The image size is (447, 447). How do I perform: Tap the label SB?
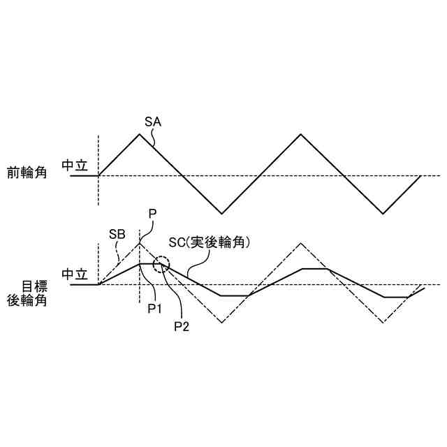[117, 235]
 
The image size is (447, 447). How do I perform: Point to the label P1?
[155, 307]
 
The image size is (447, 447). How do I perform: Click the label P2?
[182, 325]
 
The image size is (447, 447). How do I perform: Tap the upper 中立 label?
[75, 166]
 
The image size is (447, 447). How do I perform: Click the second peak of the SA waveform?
[300, 133]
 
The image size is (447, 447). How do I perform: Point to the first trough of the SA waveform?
[221, 213]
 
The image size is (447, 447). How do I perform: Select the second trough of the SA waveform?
[382, 213]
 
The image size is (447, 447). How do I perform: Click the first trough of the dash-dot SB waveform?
[221, 323]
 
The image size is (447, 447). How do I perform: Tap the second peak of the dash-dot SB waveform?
[300, 243]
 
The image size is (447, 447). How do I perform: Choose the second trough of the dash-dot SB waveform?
[382, 323]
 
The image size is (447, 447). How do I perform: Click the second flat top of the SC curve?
[314, 268]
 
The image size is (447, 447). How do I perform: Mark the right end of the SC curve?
[425, 288]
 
